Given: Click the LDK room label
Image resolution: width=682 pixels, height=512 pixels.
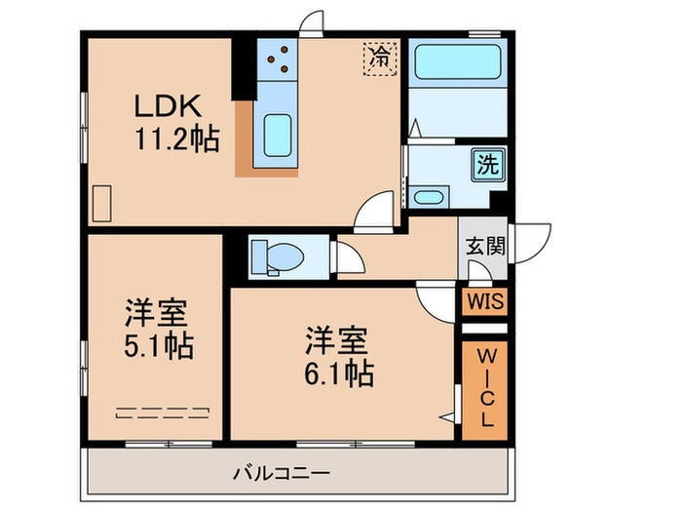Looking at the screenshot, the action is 168,105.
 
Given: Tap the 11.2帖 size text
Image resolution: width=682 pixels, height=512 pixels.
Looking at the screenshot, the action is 177,138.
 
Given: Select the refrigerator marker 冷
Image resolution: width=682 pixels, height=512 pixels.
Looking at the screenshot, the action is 380,59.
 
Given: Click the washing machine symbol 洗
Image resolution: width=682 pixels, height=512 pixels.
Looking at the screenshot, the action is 488,165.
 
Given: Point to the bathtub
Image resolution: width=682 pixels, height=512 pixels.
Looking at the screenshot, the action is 458,61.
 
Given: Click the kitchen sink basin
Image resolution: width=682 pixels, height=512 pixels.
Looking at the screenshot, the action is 277,135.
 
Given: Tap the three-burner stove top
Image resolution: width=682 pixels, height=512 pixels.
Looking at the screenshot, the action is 277,59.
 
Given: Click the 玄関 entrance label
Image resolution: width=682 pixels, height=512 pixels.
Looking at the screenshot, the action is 485,246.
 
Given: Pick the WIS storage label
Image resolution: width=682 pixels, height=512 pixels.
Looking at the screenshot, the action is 485,301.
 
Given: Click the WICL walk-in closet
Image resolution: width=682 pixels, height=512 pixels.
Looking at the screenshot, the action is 485,390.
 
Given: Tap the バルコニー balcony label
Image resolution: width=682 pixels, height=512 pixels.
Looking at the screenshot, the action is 282,473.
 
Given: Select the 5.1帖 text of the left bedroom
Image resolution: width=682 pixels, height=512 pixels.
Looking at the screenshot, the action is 159,346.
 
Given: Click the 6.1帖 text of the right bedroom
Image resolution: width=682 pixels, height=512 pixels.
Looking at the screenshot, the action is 339,374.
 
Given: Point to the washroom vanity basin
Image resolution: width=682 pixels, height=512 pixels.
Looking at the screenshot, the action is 429,197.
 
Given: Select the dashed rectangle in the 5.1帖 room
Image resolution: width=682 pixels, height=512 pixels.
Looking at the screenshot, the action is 163,413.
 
